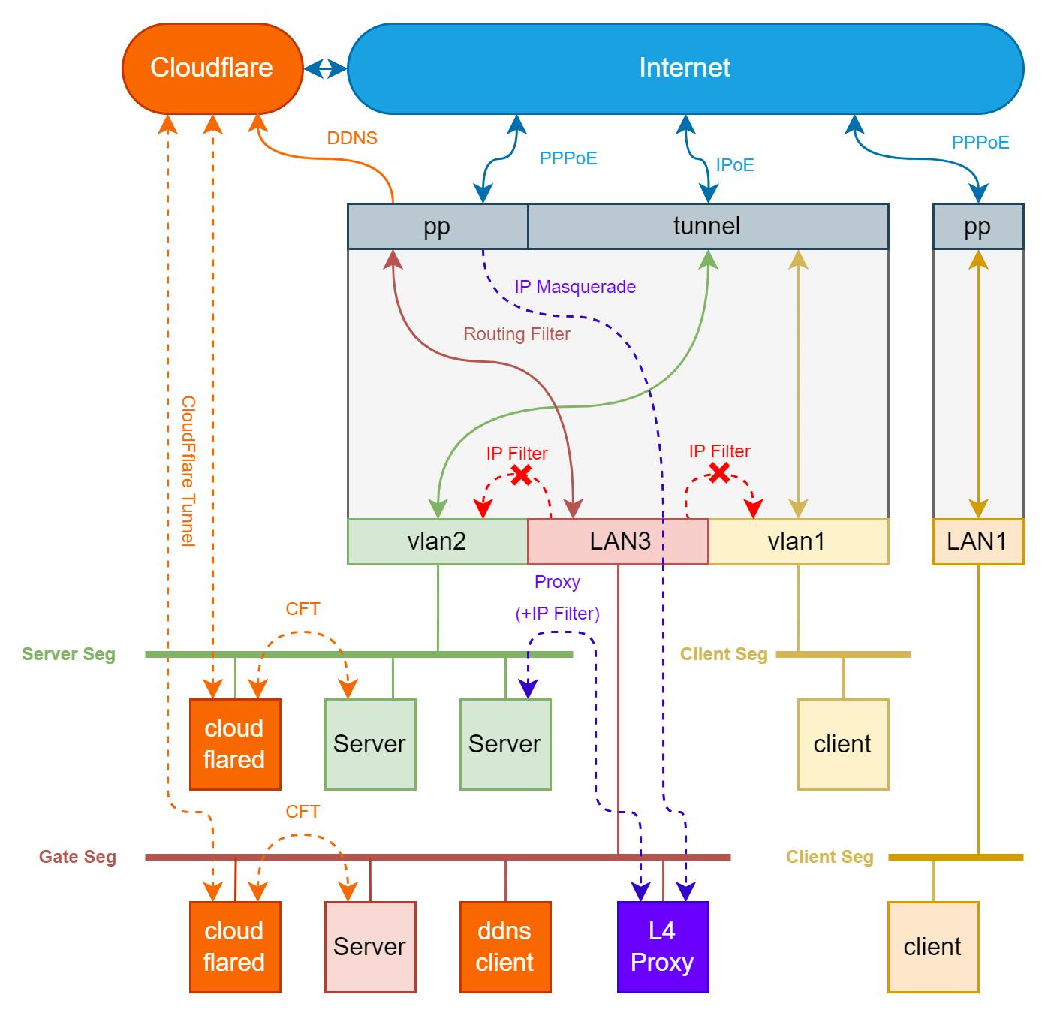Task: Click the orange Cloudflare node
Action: click(212, 68)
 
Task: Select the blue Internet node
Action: click(685, 68)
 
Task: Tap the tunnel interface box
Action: click(707, 226)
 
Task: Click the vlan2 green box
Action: click(437, 541)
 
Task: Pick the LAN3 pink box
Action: click(619, 541)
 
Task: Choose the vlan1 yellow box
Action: click(797, 541)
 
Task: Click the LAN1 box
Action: click(977, 541)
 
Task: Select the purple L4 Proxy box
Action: click(662, 947)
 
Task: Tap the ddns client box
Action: click(504, 947)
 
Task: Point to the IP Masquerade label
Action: click(575, 287)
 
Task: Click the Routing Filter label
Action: click(516, 334)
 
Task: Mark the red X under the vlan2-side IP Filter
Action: click(521, 475)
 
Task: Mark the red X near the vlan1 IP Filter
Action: click(719, 472)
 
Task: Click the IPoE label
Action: click(734, 165)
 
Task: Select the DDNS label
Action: click(352, 138)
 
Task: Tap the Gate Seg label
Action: click(77, 857)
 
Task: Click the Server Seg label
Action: click(68, 654)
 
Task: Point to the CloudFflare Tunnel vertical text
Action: click(188, 472)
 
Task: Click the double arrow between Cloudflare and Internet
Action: click(325, 69)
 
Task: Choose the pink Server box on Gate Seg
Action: click(369, 947)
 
